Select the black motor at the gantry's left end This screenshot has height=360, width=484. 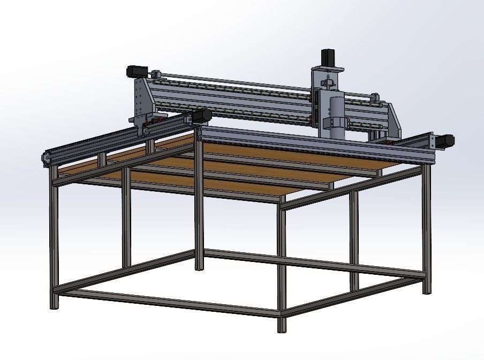[x=135, y=70]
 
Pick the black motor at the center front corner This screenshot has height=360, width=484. [x=202, y=116]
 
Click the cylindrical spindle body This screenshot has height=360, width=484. [x=336, y=113]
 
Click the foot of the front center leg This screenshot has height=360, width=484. [x=282, y=324]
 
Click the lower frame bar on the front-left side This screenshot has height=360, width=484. [x=166, y=303]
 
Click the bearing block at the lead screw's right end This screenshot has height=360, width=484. [x=375, y=97]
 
